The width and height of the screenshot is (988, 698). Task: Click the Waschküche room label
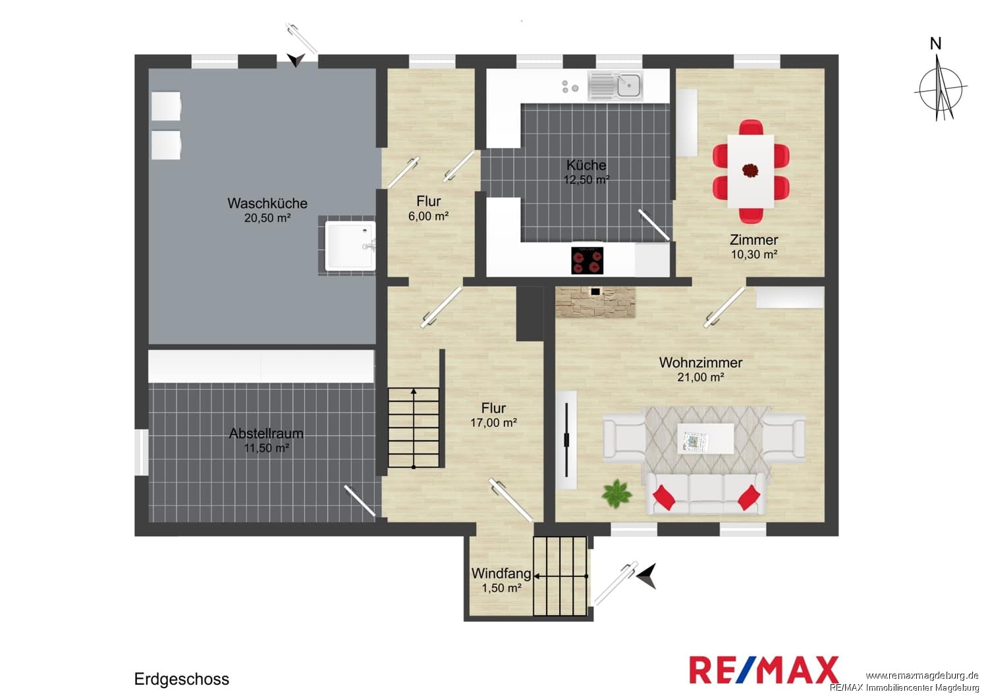(267, 203)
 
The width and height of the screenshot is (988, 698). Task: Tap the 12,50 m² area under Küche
(587, 180)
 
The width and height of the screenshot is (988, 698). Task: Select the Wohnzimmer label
(701, 362)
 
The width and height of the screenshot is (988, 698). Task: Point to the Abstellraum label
(266, 433)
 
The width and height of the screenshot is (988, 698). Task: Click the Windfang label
(501, 573)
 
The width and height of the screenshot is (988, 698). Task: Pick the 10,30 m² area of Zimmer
(754, 254)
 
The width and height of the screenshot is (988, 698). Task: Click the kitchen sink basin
(628, 85)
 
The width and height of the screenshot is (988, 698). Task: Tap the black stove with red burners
(587, 261)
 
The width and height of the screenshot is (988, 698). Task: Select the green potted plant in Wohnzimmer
(617, 494)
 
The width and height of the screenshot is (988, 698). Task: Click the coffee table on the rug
(705, 439)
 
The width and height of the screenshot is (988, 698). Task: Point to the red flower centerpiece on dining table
(750, 170)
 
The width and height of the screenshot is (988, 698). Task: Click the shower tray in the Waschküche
(350, 246)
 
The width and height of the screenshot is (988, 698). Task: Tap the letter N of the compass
(935, 43)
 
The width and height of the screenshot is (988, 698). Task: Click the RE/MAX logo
(764, 670)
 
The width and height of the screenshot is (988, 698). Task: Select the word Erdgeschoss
(182, 680)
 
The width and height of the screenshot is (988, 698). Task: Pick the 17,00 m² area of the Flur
(493, 423)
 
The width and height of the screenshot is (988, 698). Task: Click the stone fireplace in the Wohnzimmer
(595, 302)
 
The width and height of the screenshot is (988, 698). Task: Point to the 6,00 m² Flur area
(428, 216)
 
